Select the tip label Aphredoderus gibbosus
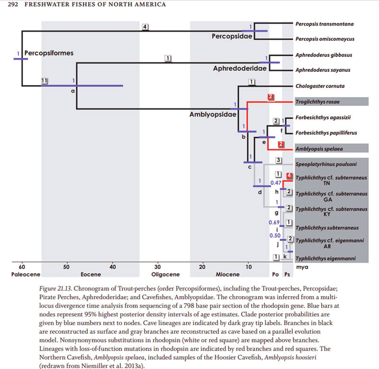[x=324, y=55]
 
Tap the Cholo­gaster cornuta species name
[x=319, y=86]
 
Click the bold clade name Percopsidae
[x=231, y=36]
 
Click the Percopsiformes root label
[x=49, y=53]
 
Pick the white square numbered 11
[x=45, y=81]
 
